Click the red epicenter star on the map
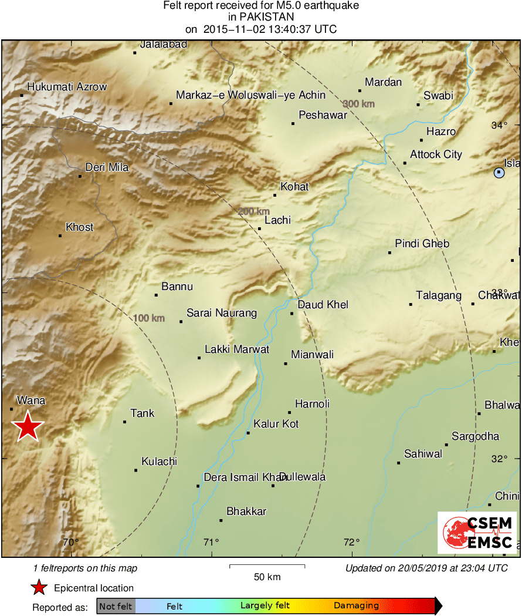pos(28,426)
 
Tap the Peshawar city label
pos(323,115)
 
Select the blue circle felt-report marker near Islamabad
pos(499,173)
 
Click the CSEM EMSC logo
pos(477,532)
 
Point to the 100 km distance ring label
pos(149,318)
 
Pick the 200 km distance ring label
pos(253,211)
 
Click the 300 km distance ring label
pos(358,103)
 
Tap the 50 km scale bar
pos(267,566)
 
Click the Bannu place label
pos(177,287)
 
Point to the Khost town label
pos(80,227)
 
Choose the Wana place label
pos(31,400)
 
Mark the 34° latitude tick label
pos(499,125)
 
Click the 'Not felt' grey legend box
pos(116,606)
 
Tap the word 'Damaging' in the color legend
pos(356,606)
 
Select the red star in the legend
pos(39,588)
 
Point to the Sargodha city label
pos(475,436)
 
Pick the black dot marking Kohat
pos(274,195)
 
